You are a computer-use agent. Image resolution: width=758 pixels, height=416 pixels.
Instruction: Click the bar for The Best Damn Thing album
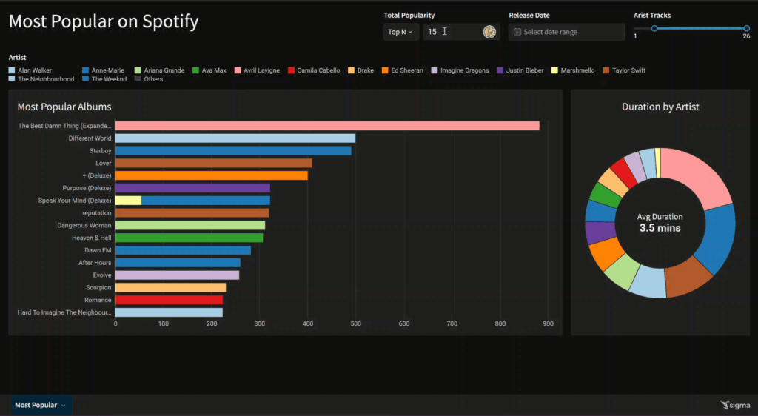[326, 126]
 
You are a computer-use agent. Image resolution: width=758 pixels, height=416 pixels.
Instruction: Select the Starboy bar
[232, 150]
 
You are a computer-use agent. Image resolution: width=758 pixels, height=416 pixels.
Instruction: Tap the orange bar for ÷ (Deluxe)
[211, 175]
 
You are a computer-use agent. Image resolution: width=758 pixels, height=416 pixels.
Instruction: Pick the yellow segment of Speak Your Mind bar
[128, 201]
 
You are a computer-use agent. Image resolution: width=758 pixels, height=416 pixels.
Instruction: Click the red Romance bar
[169, 300]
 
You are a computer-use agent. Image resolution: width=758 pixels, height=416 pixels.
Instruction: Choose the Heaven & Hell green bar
[189, 238]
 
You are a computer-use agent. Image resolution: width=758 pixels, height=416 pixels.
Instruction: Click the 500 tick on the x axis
[356, 323]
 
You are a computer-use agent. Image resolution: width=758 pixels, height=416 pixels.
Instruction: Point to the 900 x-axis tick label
[549, 323]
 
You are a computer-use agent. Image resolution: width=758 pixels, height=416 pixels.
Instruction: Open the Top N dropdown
[400, 32]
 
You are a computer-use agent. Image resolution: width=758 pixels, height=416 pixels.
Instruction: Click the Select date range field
[566, 32]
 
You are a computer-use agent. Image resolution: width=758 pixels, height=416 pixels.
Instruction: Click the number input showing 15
[452, 32]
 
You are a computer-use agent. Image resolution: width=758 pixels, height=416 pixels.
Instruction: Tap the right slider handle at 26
[746, 28]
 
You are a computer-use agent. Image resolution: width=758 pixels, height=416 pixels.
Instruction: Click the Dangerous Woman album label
[84, 225]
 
